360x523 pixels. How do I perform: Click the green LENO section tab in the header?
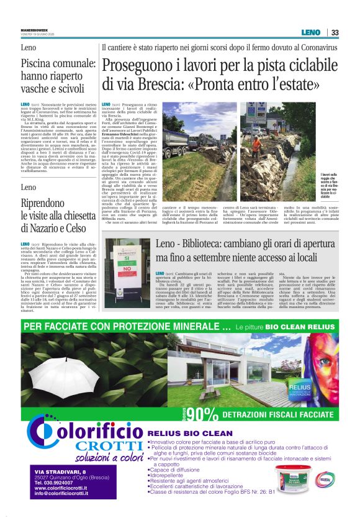[x=310, y=32]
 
